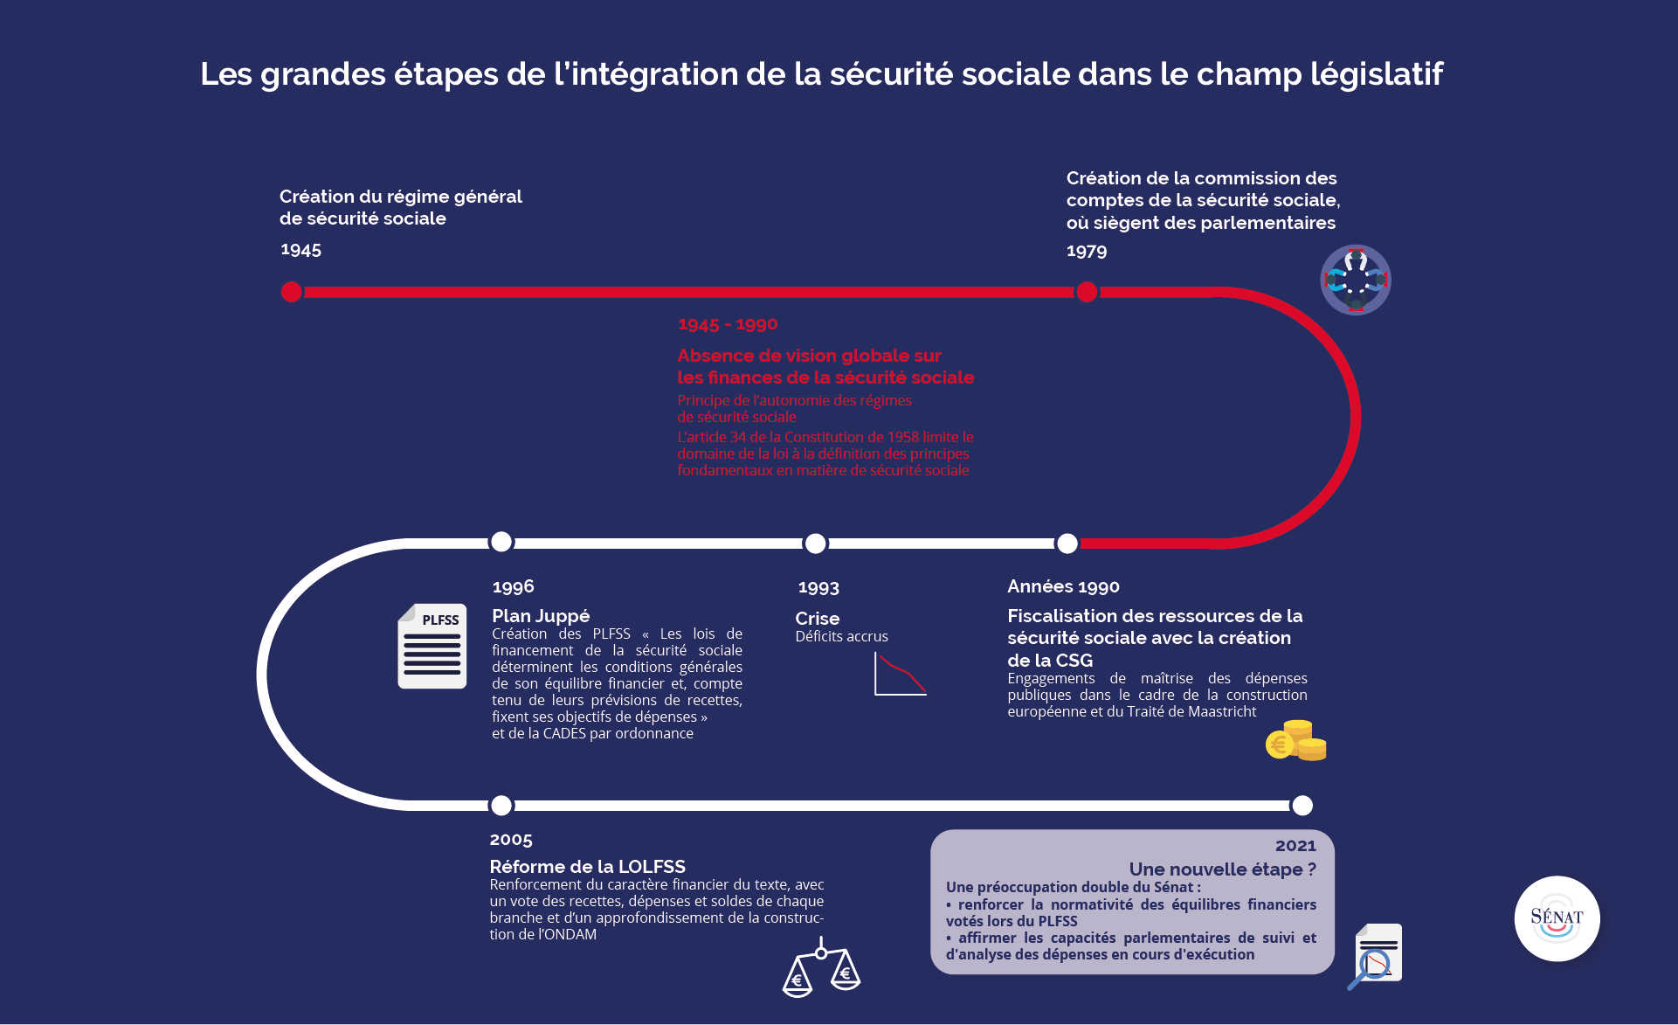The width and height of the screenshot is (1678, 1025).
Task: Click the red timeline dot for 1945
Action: [x=292, y=292]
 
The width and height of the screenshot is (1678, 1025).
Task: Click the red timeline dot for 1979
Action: [x=1087, y=292]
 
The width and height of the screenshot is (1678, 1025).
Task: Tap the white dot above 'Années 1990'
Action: [x=1067, y=544]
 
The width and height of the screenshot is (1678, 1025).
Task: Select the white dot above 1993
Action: [x=815, y=544]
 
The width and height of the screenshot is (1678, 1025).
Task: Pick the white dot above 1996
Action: [x=501, y=542]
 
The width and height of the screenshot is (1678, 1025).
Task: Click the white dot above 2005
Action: [x=501, y=805]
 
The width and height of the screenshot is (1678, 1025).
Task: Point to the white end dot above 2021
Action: [x=1302, y=805]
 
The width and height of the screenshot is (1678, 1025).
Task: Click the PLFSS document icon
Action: [x=432, y=647]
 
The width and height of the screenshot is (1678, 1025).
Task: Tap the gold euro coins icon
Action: [x=1296, y=740]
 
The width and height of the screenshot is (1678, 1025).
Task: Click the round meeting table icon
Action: [x=1356, y=280]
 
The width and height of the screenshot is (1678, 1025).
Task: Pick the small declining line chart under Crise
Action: [x=900, y=675]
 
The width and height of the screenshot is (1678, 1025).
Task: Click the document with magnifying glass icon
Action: [x=1376, y=955]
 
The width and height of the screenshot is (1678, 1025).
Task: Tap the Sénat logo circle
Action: [x=1557, y=918]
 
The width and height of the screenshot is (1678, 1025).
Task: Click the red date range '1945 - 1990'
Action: [x=728, y=324]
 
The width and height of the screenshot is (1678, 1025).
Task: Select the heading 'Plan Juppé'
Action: [x=541, y=616]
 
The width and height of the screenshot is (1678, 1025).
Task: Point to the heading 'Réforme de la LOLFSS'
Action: [x=587, y=867]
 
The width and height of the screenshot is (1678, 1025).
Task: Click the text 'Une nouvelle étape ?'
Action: [x=1222, y=869]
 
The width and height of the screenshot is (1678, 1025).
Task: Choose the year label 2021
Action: [x=1295, y=846]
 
